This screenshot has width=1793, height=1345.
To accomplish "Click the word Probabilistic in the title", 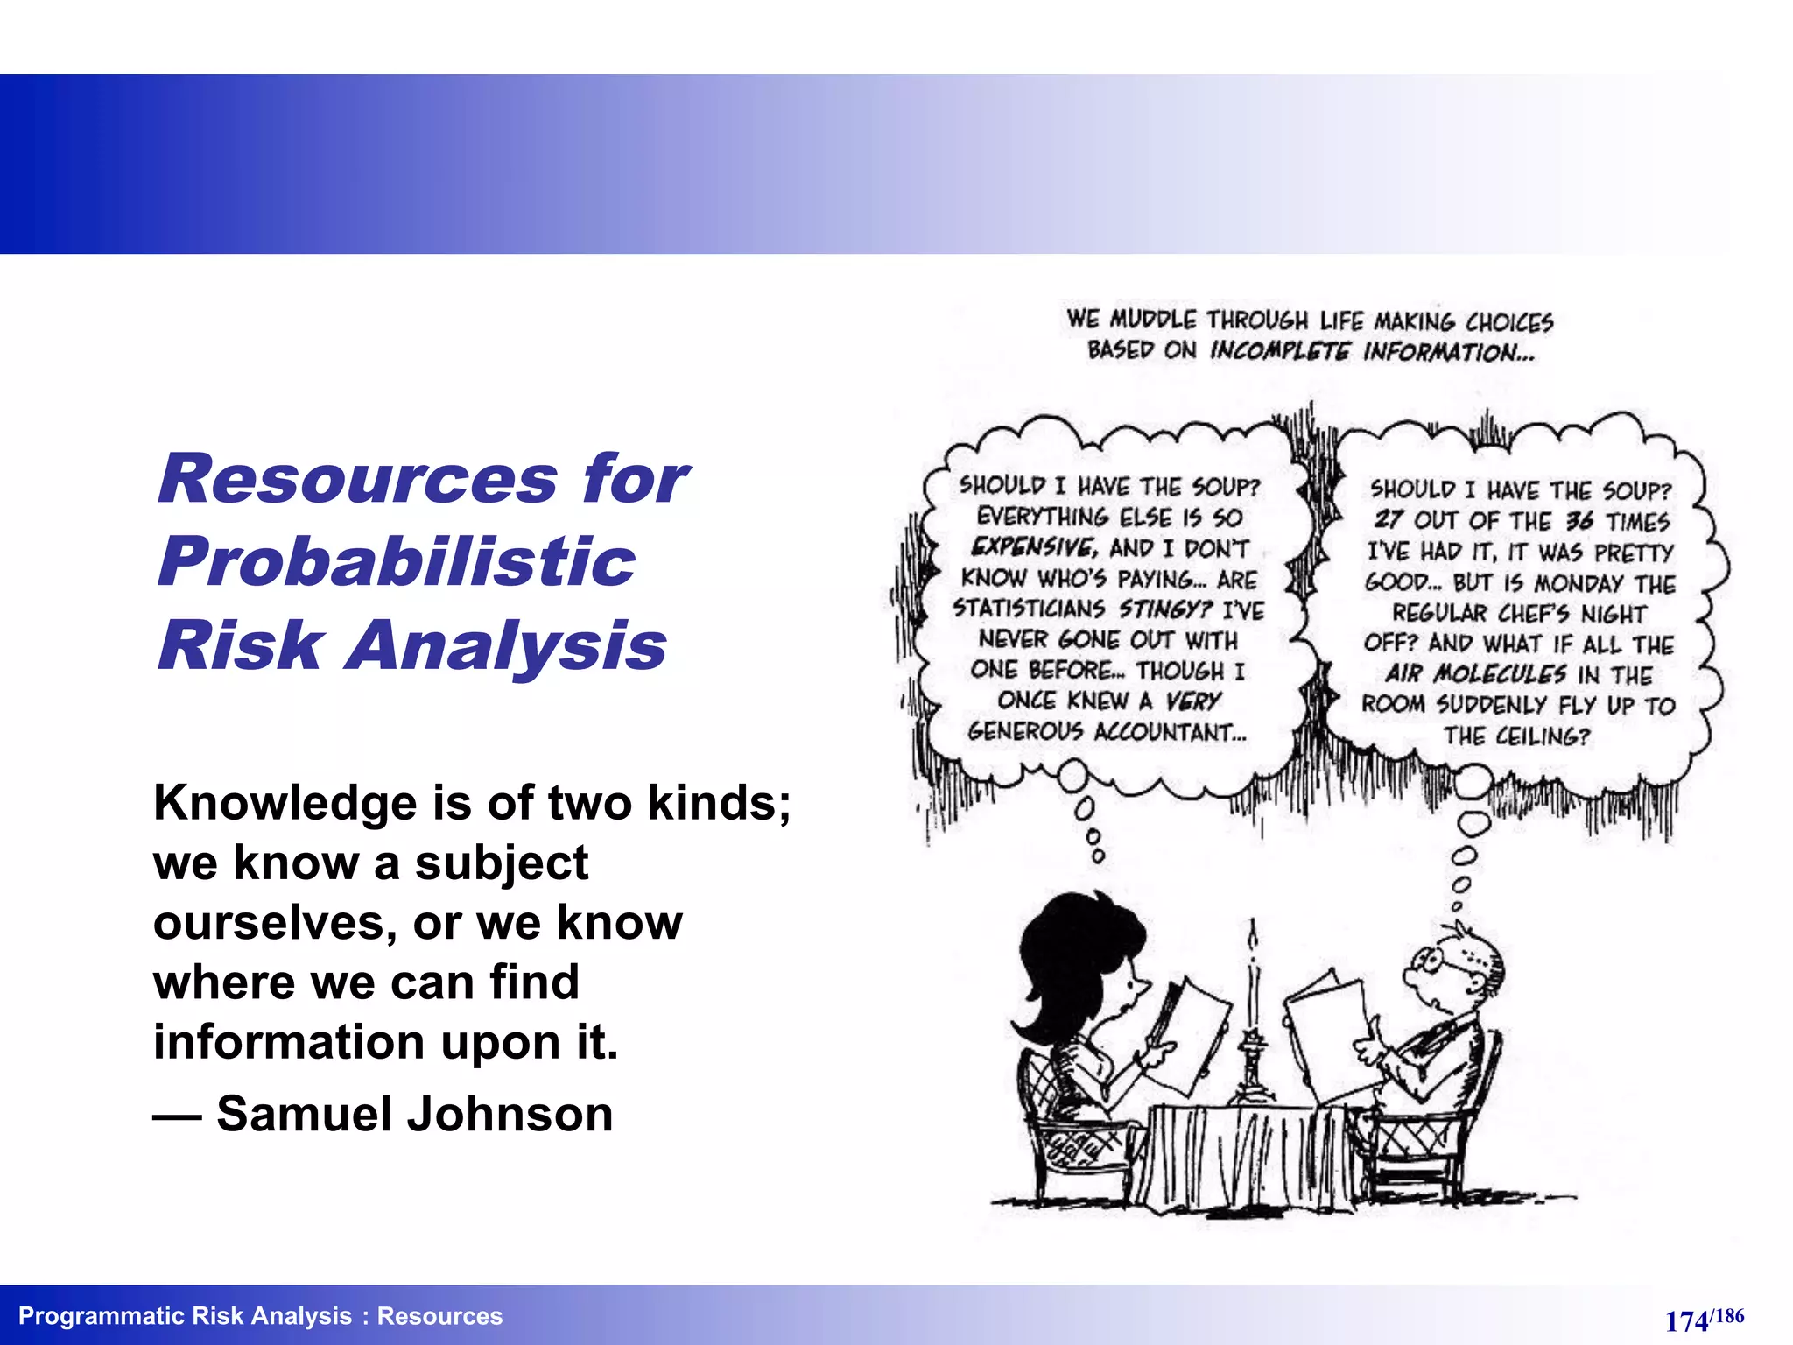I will tap(397, 562).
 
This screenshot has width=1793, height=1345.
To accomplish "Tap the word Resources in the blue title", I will tap(357, 480).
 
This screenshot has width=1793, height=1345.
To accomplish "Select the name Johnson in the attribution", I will tap(510, 1114).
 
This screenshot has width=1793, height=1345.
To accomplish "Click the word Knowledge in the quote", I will tap(285, 804).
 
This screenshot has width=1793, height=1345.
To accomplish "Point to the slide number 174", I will tap(1686, 1320).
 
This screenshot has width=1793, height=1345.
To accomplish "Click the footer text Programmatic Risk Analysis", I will tap(185, 1316).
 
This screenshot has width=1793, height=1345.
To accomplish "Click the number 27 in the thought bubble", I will tap(1389, 520).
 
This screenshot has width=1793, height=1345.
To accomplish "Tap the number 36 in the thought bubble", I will tap(1579, 521).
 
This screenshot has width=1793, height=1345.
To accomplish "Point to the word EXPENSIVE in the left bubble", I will tap(1033, 548).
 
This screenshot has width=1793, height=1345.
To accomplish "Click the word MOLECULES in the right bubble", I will tap(1500, 674).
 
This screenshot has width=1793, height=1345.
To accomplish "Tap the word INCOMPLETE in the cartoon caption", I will tap(1280, 352).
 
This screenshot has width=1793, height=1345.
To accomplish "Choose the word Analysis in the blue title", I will tap(508, 645).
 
